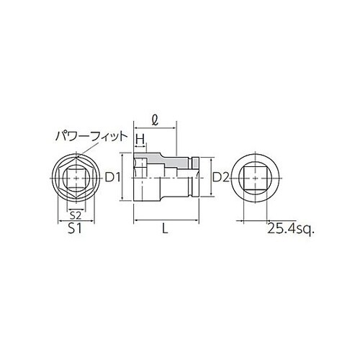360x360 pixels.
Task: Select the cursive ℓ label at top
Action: [x=156, y=114]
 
